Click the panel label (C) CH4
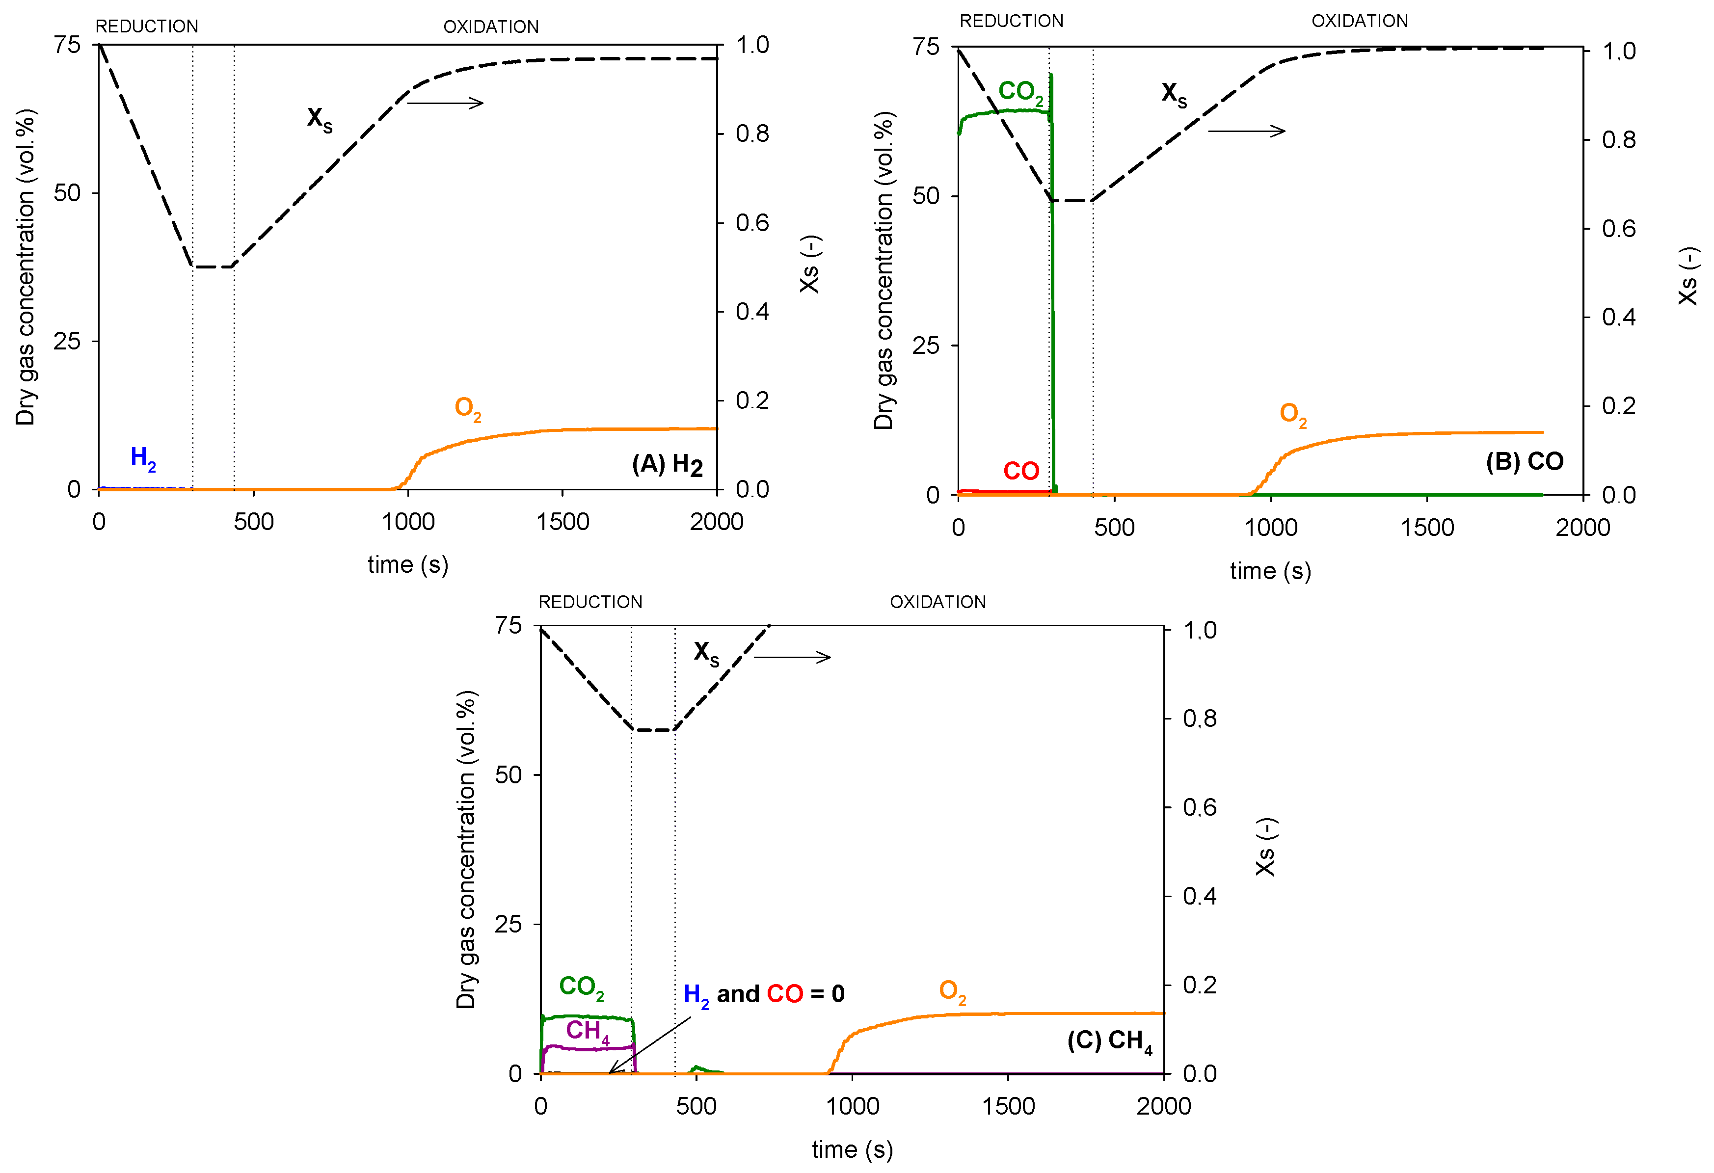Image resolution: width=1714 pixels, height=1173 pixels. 1109,1040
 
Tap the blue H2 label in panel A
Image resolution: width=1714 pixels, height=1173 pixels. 143,458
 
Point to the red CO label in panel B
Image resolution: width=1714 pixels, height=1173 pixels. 1021,471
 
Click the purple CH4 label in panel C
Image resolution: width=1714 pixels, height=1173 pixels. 587,1031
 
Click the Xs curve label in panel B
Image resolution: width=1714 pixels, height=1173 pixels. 1174,94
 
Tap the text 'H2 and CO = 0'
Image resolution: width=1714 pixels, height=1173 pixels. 763,994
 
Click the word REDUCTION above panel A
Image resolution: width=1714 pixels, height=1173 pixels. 147,27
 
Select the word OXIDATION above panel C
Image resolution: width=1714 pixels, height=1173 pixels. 937,602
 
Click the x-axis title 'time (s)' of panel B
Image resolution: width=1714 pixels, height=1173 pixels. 1270,571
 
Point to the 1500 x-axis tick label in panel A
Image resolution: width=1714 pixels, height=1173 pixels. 562,522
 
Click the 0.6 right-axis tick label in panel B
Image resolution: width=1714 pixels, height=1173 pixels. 1618,229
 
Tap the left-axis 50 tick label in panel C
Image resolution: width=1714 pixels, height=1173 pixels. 508,775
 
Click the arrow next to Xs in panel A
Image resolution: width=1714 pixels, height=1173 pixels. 445,103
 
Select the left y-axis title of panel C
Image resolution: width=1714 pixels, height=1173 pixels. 466,850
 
